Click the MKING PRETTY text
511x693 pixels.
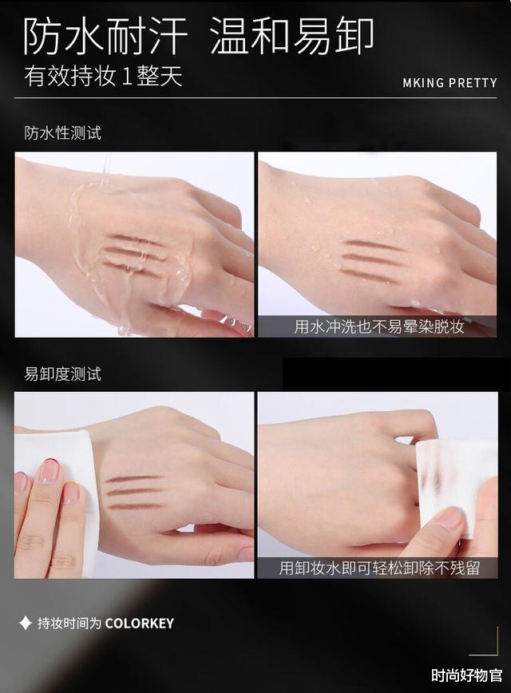point(450,83)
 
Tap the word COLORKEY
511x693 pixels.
point(139,624)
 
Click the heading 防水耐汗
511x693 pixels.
point(105,36)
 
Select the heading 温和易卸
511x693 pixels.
point(291,36)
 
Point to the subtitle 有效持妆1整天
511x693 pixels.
point(104,76)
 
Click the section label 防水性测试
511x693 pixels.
point(63,133)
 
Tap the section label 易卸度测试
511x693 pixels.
point(63,374)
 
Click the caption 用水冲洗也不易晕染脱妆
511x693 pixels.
point(378,327)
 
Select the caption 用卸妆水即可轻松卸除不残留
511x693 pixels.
point(378,568)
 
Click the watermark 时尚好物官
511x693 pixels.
point(467,675)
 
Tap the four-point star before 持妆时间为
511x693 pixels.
point(26,624)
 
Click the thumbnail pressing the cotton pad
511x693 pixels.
point(448,519)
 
